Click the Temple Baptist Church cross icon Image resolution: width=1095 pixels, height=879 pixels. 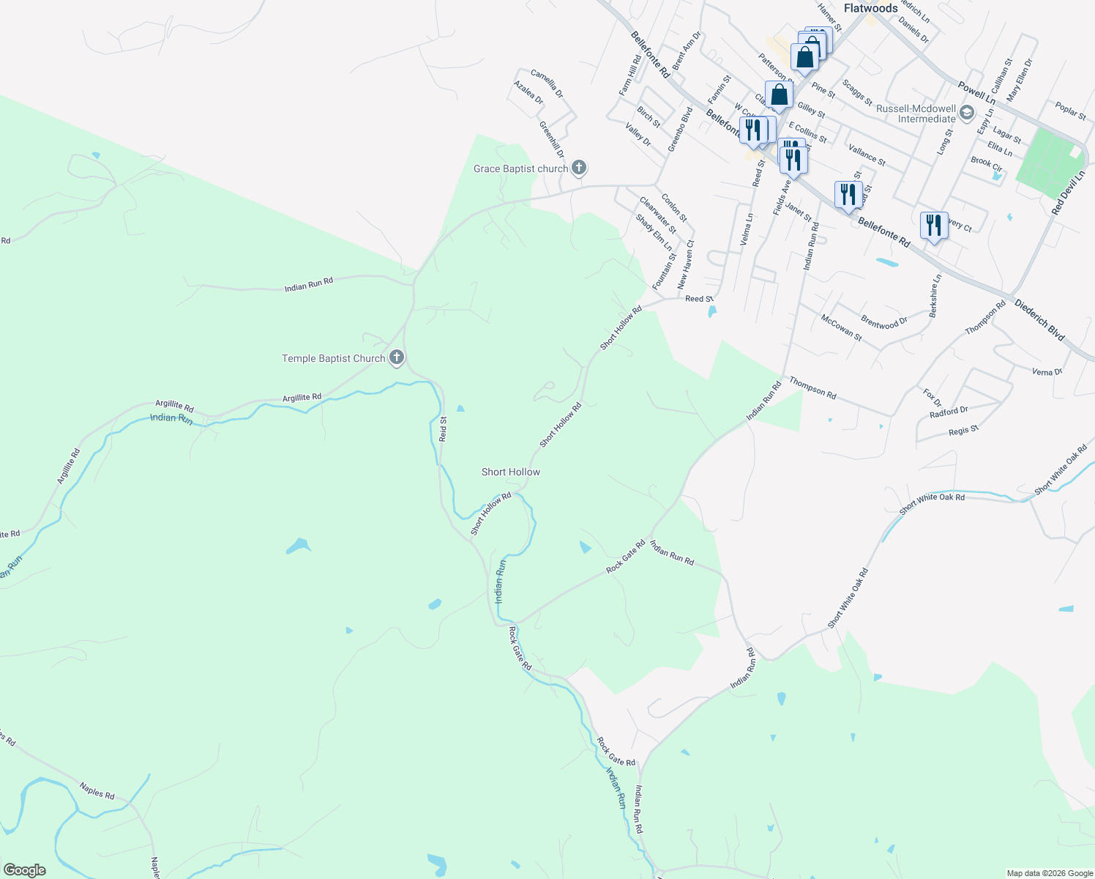point(397,357)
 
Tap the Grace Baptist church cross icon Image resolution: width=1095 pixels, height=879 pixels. point(579,168)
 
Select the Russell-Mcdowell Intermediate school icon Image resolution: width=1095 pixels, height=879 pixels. point(967,112)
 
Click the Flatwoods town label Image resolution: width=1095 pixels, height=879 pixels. point(870,8)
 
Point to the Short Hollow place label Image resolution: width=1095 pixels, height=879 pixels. point(511,472)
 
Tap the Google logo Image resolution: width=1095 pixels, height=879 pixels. point(25,870)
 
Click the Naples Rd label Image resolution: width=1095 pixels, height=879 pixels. point(97,791)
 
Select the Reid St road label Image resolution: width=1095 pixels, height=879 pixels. point(443,429)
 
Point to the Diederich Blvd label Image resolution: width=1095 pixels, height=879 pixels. point(1039,319)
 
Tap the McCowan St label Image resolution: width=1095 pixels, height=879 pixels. point(842,328)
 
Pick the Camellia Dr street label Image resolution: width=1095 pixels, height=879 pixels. point(547,84)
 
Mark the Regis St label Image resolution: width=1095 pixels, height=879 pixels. point(963,430)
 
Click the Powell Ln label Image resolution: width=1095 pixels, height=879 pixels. point(976,92)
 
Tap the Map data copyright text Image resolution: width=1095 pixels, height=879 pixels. point(1050,873)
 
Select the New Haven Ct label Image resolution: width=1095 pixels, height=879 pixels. point(685,264)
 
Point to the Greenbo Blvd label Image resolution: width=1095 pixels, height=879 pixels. point(680,130)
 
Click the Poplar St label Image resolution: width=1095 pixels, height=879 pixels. point(1070,111)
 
